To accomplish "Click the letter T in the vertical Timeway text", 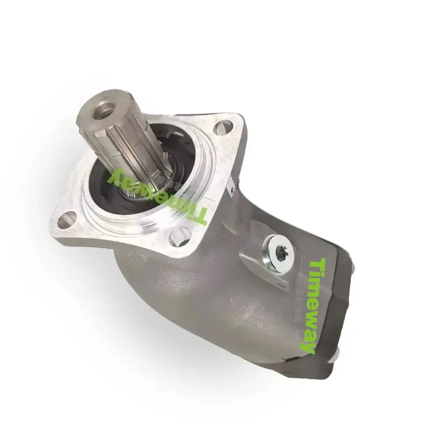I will (319, 264).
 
